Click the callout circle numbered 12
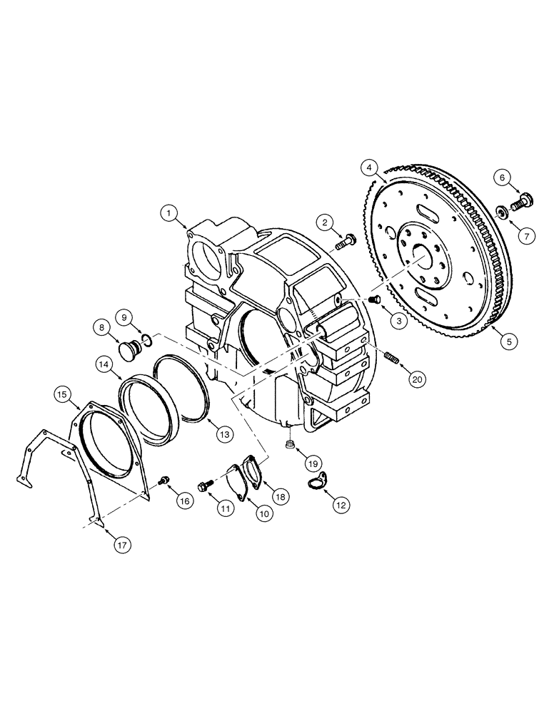[x=341, y=504]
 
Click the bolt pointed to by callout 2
[x=345, y=243]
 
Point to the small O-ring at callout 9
[x=145, y=339]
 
